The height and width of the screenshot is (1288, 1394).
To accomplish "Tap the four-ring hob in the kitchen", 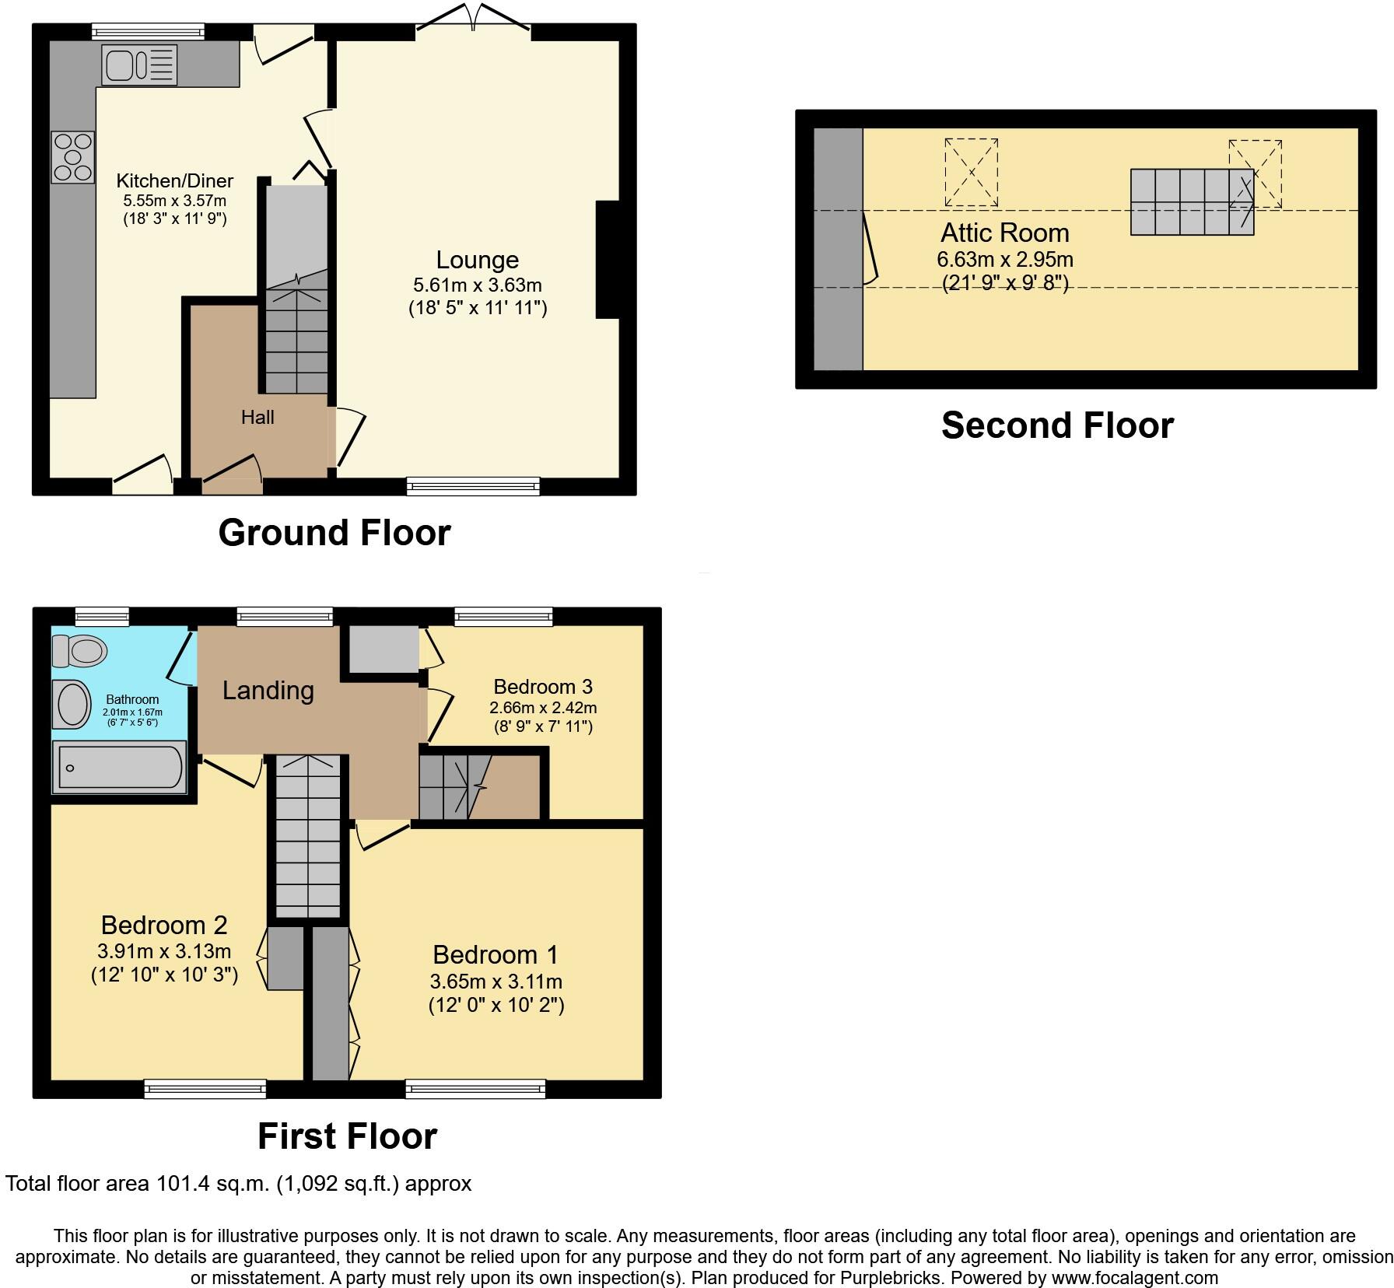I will [x=72, y=158].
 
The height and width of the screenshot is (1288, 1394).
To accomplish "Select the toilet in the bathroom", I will [x=79, y=651].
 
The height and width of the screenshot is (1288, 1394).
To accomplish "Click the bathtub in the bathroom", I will [x=119, y=768].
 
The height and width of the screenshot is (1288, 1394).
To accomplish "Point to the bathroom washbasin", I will [x=72, y=705].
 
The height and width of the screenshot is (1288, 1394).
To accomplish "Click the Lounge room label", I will [x=477, y=260].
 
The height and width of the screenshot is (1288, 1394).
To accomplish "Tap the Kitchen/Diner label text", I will [x=174, y=181].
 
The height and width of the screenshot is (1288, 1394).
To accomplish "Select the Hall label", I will [x=257, y=418].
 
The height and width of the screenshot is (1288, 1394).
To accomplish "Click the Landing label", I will [x=268, y=691].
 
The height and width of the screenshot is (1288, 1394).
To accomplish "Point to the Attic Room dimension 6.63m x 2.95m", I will [x=1005, y=259].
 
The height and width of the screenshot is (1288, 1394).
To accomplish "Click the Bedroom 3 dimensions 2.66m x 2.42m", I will [x=543, y=708].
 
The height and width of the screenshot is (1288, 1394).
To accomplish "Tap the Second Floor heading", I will [x=1057, y=425].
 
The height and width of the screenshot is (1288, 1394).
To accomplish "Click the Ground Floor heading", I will [x=334, y=533].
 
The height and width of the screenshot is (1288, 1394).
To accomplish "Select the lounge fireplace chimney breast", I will [x=608, y=260].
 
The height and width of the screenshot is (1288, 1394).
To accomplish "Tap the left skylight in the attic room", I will [x=971, y=173].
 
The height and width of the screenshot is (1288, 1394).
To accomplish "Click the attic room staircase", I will [x=1192, y=202].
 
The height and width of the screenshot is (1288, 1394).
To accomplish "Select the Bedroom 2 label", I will [x=164, y=925].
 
